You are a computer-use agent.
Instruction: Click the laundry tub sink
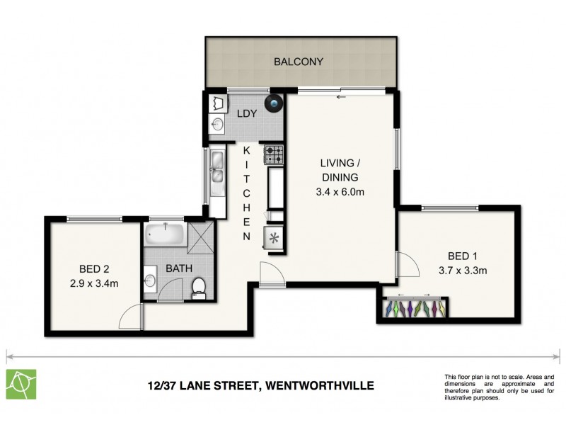tap(217, 125)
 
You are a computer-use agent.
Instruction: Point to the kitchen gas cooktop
tap(274, 154)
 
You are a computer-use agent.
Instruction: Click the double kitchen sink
tap(217, 174)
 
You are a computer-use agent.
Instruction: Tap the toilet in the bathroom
tap(199, 287)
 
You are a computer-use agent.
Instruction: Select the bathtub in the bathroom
tap(165, 234)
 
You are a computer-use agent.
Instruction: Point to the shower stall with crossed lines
tap(201, 234)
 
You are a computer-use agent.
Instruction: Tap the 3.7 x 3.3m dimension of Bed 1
tap(463, 269)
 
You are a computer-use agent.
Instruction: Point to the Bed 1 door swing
tap(406, 266)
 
